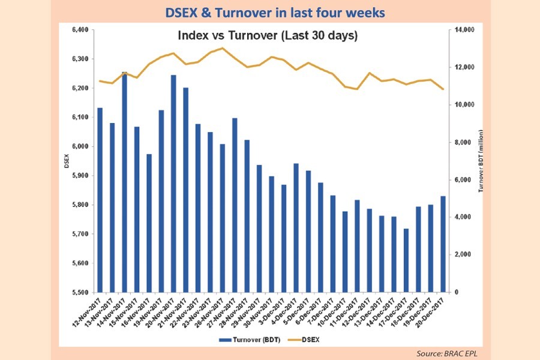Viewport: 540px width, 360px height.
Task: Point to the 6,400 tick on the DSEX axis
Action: [x=80, y=30]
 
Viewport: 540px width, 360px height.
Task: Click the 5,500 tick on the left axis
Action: [x=80, y=292]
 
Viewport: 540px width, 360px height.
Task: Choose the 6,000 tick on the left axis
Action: [x=80, y=146]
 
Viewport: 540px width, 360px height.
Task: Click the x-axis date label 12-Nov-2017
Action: [x=85, y=312]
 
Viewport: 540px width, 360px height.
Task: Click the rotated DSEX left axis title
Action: [x=67, y=160]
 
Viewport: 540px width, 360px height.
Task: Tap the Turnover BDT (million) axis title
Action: [x=482, y=160]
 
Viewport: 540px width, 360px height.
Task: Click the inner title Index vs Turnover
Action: [x=268, y=36]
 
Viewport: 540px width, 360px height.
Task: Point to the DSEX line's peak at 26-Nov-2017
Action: [x=223, y=48]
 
